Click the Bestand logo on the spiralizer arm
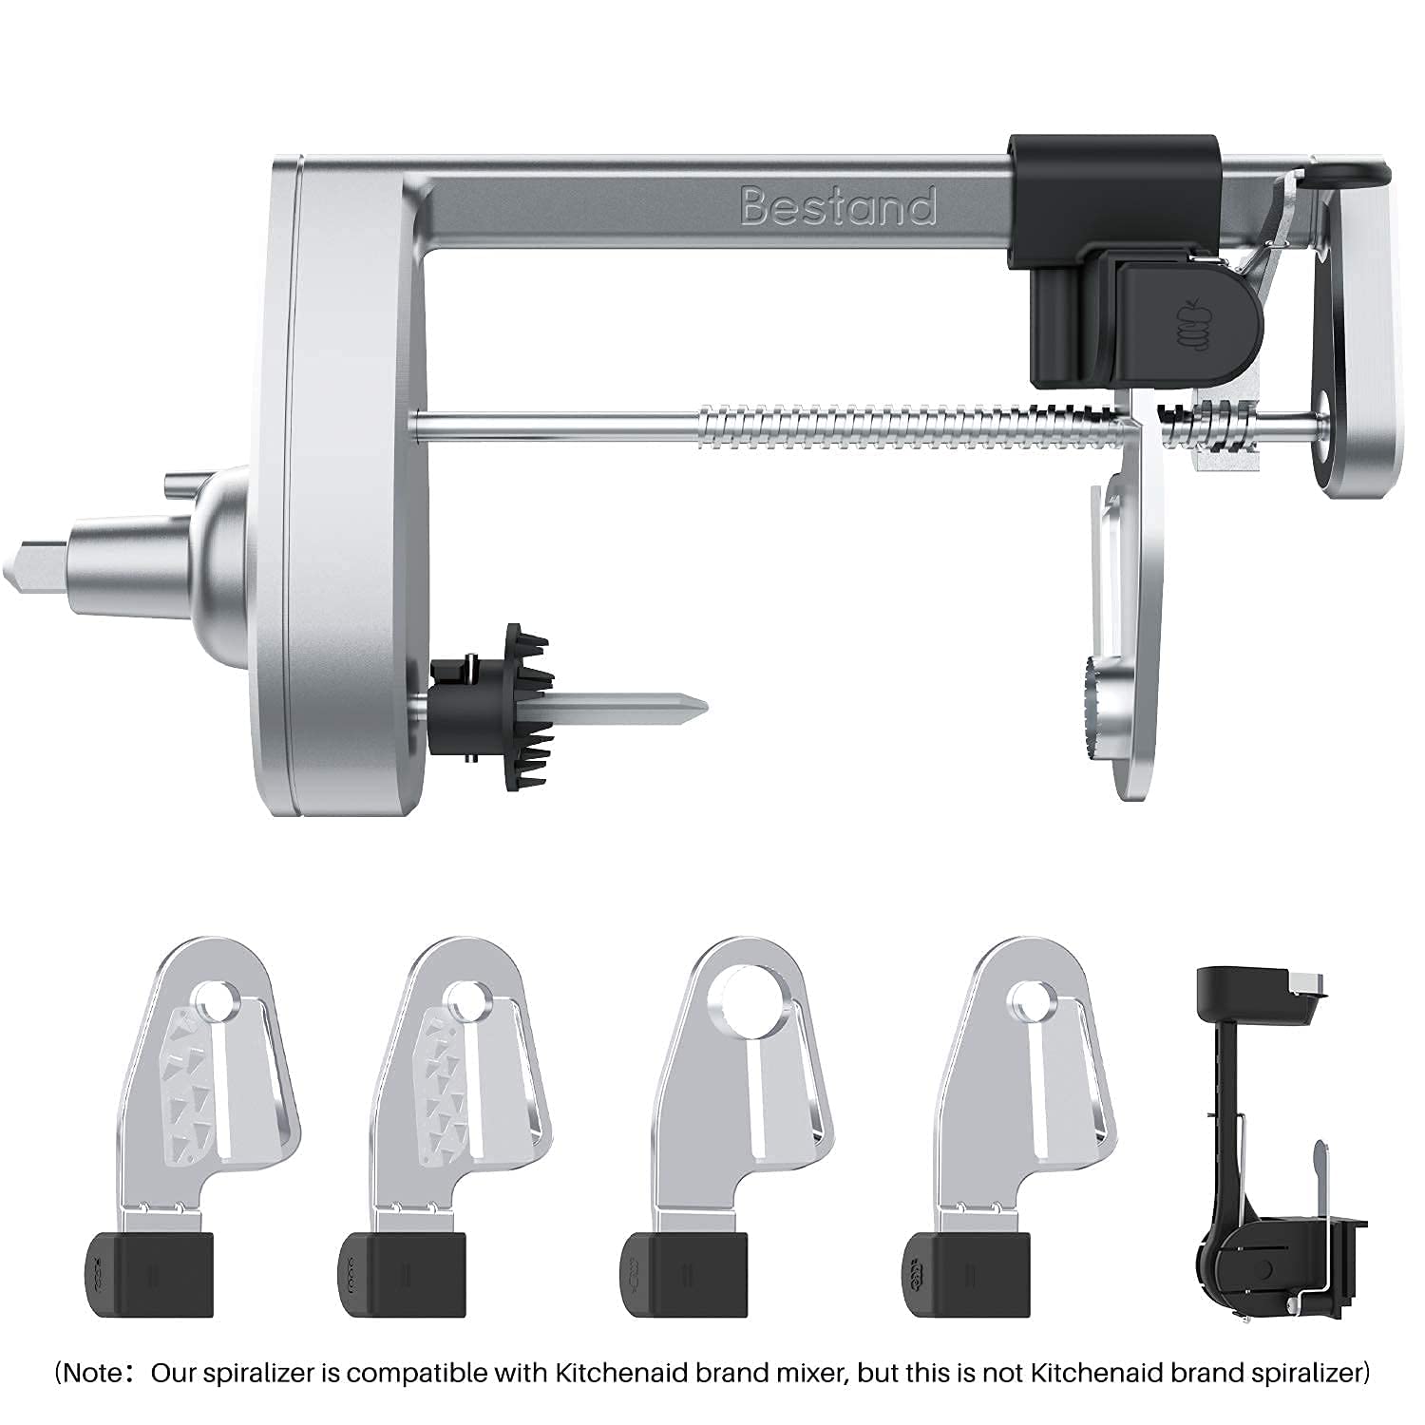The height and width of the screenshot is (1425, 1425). [x=838, y=206]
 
